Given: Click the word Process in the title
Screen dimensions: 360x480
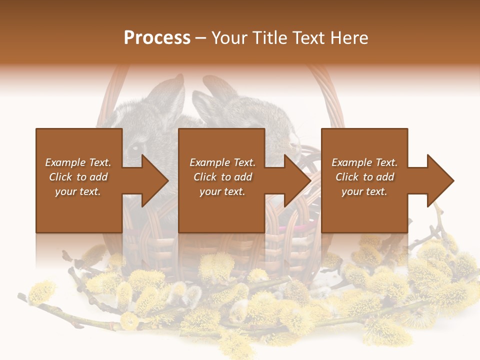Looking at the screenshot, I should coord(157,38).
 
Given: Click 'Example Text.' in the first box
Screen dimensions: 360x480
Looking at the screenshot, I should coord(78,162).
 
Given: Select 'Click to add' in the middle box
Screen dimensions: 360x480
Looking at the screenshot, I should coord(222,177).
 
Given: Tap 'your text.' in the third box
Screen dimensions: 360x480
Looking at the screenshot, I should coord(364,191).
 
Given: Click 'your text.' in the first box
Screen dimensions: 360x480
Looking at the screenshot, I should coord(78,191).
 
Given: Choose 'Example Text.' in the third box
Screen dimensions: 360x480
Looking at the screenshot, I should coord(364,162).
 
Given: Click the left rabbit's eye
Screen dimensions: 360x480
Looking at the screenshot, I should coord(135,148).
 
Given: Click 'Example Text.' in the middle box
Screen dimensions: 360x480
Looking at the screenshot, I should coord(222,162).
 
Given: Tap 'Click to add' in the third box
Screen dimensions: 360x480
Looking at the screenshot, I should coord(364,177).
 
